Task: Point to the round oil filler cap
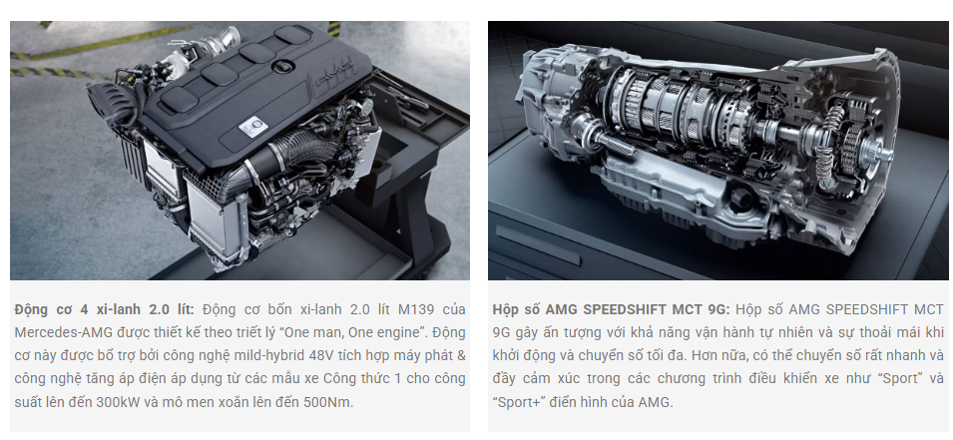(x=283, y=67)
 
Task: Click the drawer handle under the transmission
(x=537, y=245)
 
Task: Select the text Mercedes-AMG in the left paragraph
(x=54, y=333)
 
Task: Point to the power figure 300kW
(x=122, y=402)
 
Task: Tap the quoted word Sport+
(x=517, y=402)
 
